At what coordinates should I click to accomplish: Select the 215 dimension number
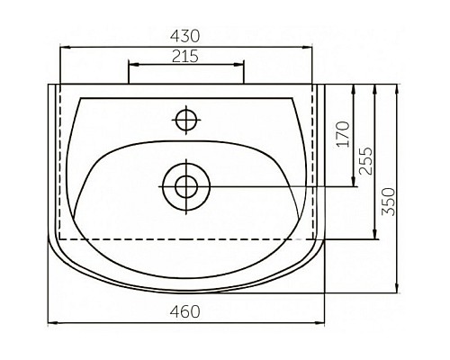pos(185,56)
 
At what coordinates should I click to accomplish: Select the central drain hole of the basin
pos(186,186)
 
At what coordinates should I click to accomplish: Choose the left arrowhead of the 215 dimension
pos(132,65)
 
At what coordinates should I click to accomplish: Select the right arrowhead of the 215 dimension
pos(240,65)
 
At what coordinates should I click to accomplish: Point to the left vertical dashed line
pos(60,162)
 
